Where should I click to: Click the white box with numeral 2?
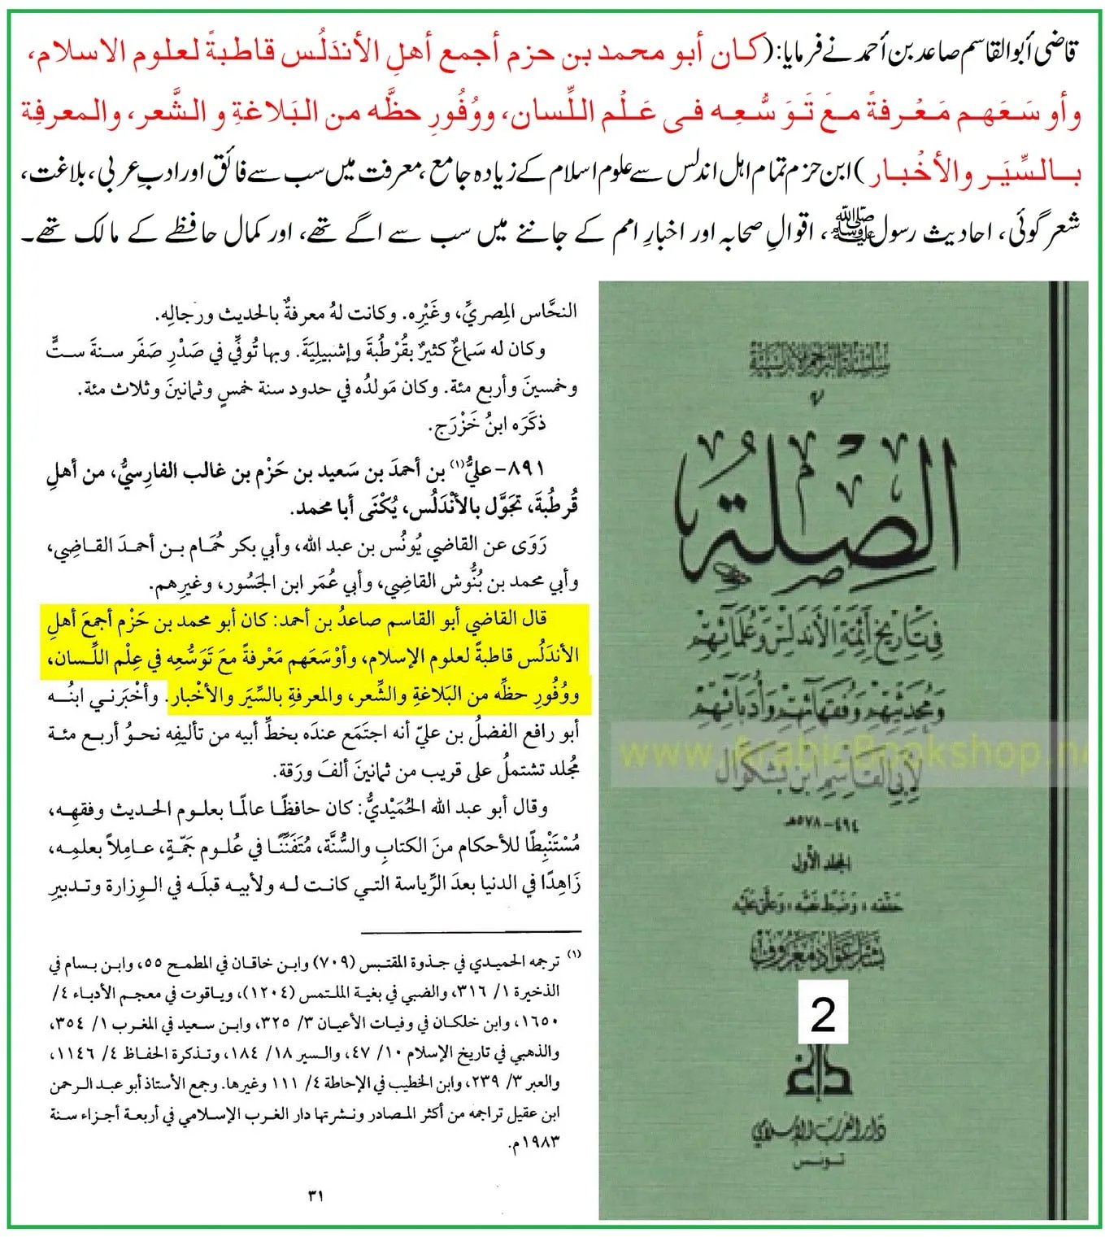coord(823,1013)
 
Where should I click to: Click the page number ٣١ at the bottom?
coord(316,1196)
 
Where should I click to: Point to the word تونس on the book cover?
coord(821,1165)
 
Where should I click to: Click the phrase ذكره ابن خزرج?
coord(488,424)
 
